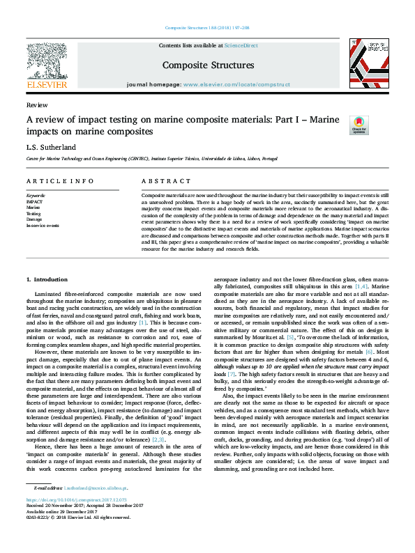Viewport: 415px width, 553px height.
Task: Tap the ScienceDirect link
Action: (x=243, y=45)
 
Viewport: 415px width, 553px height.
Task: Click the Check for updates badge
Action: (x=359, y=125)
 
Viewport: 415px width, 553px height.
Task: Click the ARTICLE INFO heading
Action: (x=50, y=180)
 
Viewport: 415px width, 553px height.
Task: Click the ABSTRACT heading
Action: (x=156, y=180)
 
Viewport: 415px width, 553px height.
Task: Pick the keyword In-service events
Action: (x=43, y=226)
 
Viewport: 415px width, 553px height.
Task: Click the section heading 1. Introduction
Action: (x=48, y=279)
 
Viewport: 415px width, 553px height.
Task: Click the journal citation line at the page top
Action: (x=207, y=28)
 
